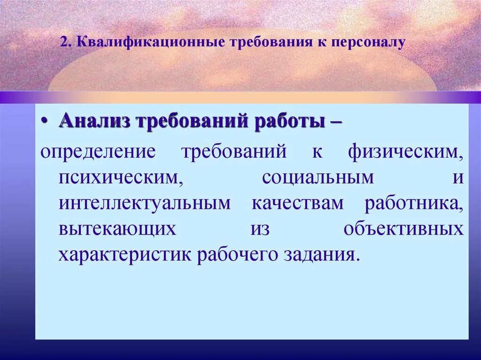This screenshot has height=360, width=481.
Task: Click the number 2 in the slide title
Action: [63, 42]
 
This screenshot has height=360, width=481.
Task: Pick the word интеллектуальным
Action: [145, 204]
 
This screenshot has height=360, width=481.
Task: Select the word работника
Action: [414, 204]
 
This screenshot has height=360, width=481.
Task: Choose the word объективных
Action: [403, 230]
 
